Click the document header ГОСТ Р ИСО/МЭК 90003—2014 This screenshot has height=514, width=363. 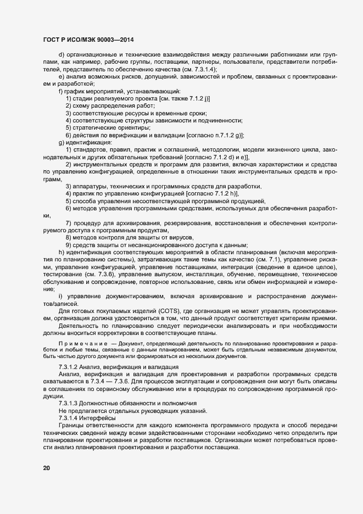(89, 40)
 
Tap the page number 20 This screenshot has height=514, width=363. (46, 468)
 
